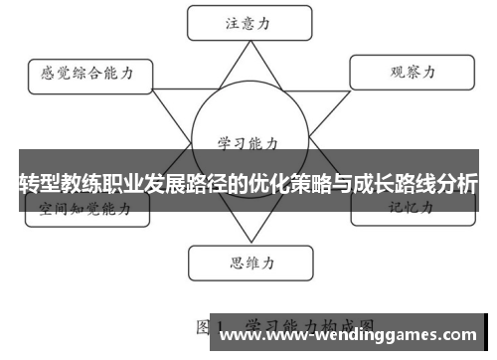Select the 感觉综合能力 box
[88, 73]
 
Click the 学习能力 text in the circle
[248, 142]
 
